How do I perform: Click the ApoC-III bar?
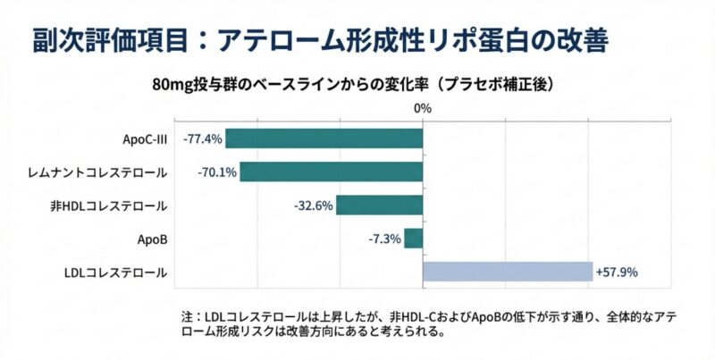(x=324, y=138)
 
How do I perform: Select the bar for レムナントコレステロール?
(x=331, y=172)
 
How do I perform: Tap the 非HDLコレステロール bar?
(x=379, y=205)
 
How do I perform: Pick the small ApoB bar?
(x=413, y=239)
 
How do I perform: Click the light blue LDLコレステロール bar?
(x=508, y=272)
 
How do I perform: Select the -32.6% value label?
(x=314, y=205)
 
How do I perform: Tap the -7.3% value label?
(x=384, y=239)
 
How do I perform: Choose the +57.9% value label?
(x=617, y=272)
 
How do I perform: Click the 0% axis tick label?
(x=423, y=108)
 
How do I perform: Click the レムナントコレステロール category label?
(x=108, y=172)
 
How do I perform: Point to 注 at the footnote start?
(x=185, y=315)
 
